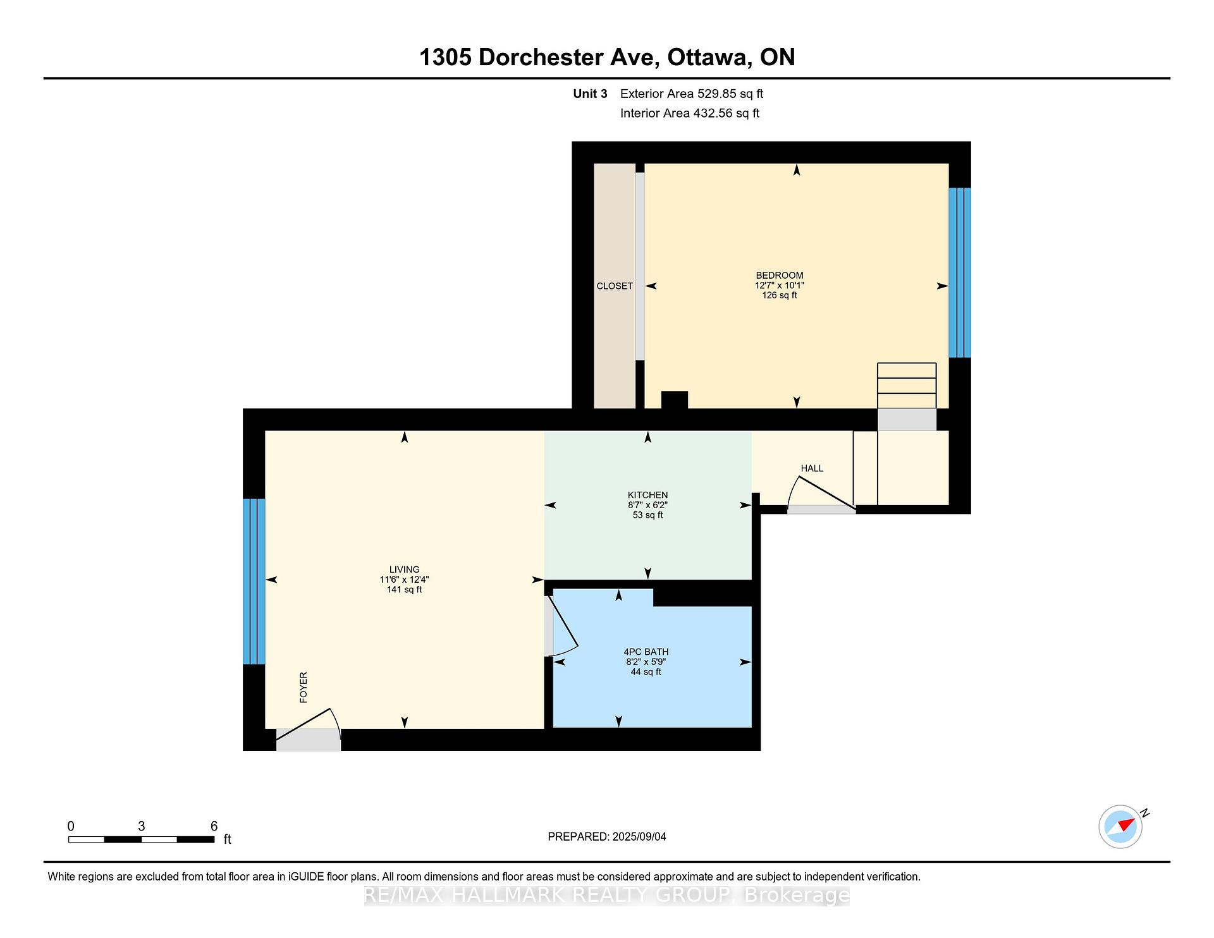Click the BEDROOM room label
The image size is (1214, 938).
pos(780,276)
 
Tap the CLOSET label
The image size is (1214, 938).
pos(615,286)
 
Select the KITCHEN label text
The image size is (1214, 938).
pos(647,496)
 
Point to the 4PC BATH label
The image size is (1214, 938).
pos(646,652)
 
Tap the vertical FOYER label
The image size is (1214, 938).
pos(303,688)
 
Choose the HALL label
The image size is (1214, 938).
pos(812,468)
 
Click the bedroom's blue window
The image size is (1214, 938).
pos(960,273)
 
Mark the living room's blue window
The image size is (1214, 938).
pos(254,582)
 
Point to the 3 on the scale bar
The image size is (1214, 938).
pos(142,827)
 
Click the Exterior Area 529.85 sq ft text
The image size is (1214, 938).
pos(692,94)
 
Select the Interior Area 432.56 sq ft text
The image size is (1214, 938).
pos(690,114)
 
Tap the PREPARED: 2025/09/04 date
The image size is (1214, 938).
pos(607,837)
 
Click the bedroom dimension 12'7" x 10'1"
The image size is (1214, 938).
pos(780,286)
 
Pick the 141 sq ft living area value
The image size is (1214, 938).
pos(405,590)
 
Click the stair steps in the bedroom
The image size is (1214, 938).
pos(907,386)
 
